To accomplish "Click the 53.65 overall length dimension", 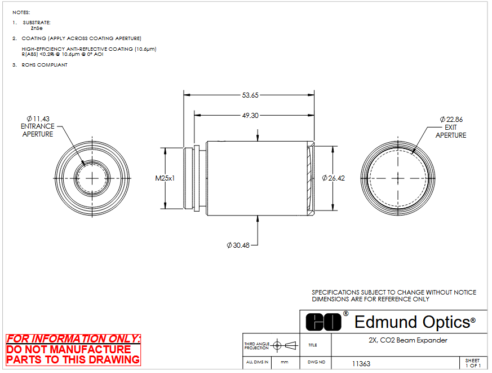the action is [x=250, y=95].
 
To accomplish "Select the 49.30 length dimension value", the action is [x=250, y=116].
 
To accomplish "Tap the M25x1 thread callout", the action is [x=165, y=178].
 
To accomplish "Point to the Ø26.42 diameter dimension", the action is [x=333, y=178].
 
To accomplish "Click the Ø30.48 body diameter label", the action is [x=238, y=245].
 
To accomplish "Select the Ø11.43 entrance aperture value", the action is [x=38, y=119].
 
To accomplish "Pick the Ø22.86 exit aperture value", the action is [x=451, y=120].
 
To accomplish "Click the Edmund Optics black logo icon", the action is [x=323, y=322].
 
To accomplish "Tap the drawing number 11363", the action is [x=361, y=364].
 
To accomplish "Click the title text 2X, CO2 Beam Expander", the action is [x=408, y=340].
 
